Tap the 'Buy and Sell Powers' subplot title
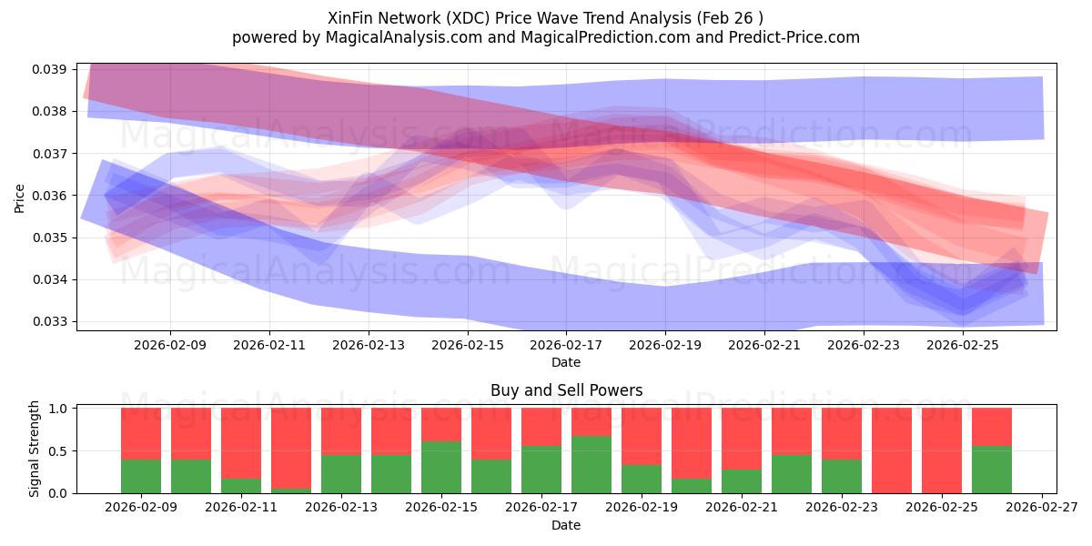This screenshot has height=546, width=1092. pyautogui.click(x=566, y=390)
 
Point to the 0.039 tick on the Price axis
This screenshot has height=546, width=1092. pyautogui.click(x=53, y=70)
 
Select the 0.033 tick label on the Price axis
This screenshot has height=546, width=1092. pyautogui.click(x=53, y=321)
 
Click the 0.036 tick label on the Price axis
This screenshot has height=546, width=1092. pyautogui.click(x=53, y=196)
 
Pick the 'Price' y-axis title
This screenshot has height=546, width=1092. pyautogui.click(x=20, y=197)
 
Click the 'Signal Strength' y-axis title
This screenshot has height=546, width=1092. pyautogui.click(x=34, y=449)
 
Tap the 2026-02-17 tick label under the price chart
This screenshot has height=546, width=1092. pyautogui.click(x=567, y=346)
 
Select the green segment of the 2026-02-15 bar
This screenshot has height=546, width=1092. pyautogui.click(x=441, y=467)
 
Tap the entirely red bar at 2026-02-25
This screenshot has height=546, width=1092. pyautogui.click(x=942, y=450)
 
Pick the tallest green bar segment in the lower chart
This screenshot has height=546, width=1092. pyautogui.click(x=591, y=464)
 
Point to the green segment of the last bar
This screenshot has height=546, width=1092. pyautogui.click(x=992, y=470)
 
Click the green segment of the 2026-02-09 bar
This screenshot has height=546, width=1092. pyautogui.click(x=141, y=476)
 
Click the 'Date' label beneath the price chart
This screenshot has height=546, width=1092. pyautogui.click(x=566, y=362)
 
